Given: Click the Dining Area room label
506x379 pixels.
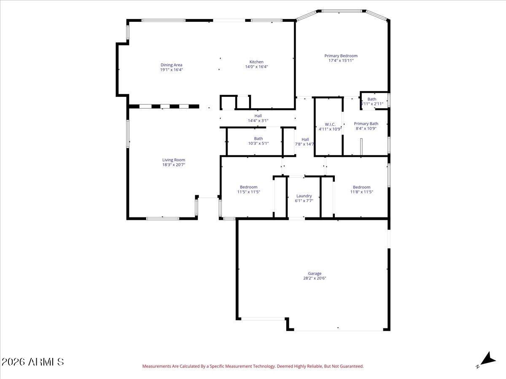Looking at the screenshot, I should click(x=171, y=65).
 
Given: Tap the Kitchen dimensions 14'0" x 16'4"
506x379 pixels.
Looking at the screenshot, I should click(x=256, y=67).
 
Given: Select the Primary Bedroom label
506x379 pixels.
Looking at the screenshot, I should click(x=341, y=56).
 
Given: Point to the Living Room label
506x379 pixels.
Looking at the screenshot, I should click(x=174, y=160).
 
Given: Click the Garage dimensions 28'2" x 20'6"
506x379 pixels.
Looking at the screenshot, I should click(x=315, y=278).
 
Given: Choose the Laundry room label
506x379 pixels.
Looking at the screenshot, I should click(x=304, y=196).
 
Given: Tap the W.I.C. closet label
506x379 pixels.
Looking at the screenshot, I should click(x=330, y=124).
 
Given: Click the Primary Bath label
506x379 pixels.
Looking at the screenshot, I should click(x=366, y=124).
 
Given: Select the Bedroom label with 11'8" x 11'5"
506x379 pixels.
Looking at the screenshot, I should click(x=361, y=187).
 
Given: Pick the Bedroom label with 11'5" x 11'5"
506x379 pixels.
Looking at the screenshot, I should click(x=248, y=187).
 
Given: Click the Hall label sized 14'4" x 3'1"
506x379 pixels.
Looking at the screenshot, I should click(x=258, y=116).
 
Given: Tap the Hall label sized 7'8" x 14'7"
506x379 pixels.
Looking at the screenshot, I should click(x=305, y=139).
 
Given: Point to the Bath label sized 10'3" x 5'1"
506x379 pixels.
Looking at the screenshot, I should click(x=258, y=139).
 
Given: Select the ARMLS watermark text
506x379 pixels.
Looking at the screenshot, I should click(x=33, y=362).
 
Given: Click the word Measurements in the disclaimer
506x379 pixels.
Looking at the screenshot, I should click(x=156, y=366).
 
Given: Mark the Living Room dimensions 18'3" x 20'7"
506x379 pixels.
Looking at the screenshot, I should click(x=174, y=165).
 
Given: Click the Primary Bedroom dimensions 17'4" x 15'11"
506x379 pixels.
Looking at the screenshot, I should click(x=341, y=61).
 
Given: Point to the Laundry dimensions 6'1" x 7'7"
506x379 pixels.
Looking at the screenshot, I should click(x=304, y=201).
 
